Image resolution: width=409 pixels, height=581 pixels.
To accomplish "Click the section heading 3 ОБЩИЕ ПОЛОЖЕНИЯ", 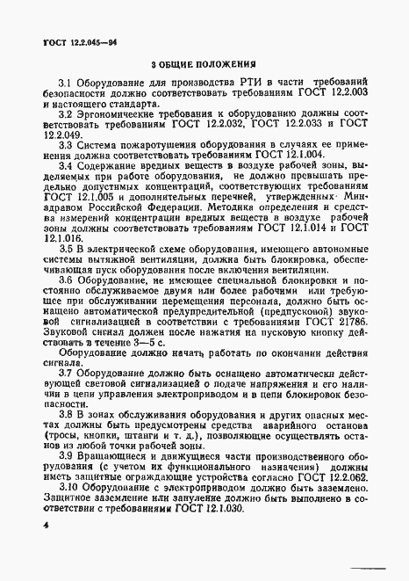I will [203, 64].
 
